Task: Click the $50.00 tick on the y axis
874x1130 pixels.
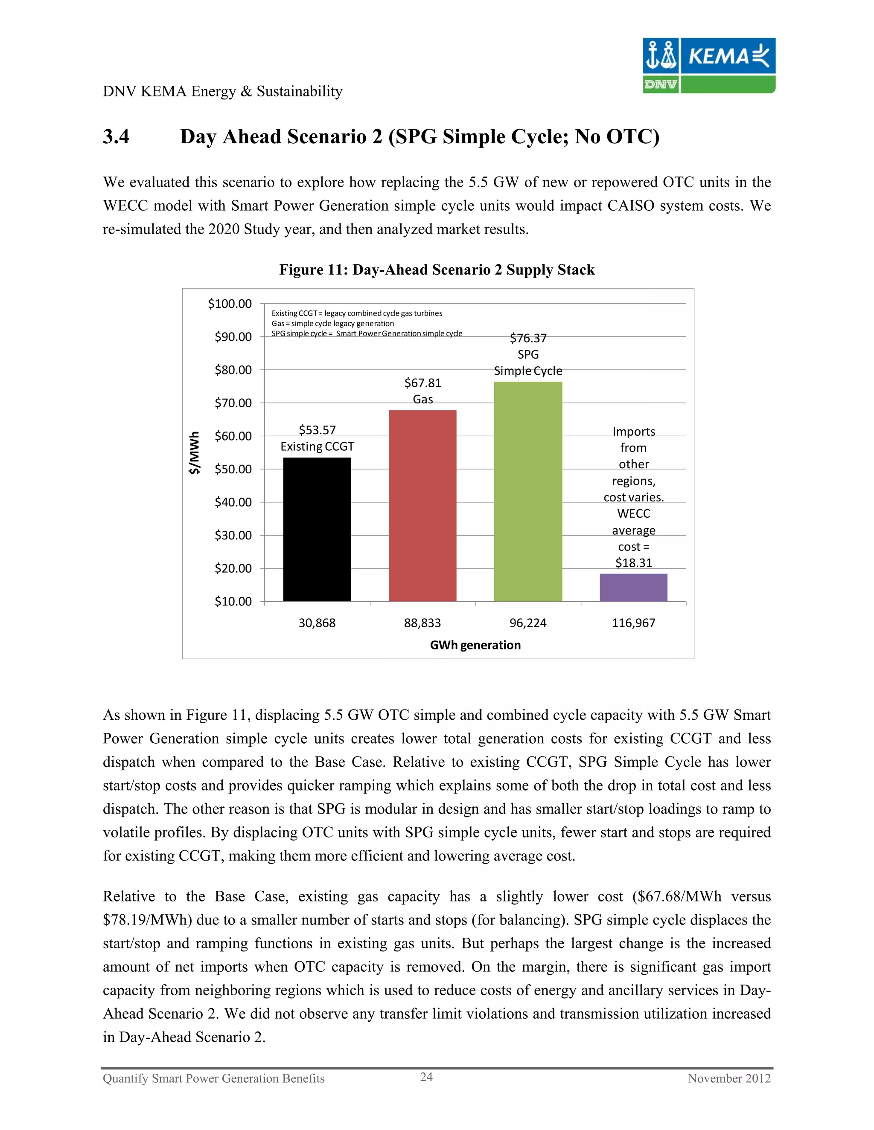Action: (x=233, y=469)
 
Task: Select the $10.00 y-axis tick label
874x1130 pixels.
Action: (x=233, y=601)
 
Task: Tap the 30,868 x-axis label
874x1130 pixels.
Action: (x=317, y=623)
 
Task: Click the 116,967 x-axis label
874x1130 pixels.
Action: (x=633, y=623)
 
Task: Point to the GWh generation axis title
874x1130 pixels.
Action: (x=475, y=645)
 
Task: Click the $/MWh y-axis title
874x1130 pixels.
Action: (x=194, y=453)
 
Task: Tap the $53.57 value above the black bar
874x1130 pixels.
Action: (x=317, y=430)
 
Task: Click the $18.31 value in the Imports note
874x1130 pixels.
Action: (x=633, y=563)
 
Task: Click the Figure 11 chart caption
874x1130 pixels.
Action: (x=437, y=269)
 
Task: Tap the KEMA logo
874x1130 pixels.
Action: (x=709, y=65)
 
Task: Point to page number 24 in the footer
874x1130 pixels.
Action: (x=426, y=1077)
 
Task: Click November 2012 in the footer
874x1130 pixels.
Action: (x=728, y=1078)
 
